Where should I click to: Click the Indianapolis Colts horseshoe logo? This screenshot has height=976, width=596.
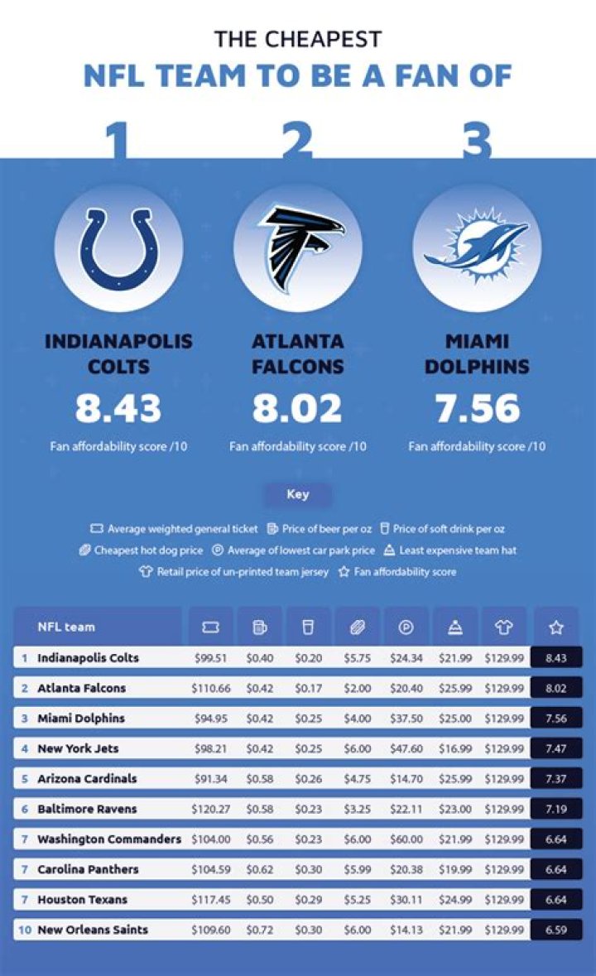(x=118, y=248)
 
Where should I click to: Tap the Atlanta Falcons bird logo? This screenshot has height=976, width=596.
(x=298, y=248)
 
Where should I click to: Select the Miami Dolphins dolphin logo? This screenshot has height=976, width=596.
(x=477, y=248)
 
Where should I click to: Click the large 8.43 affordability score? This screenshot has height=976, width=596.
(x=118, y=408)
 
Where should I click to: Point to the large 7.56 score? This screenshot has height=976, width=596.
(x=477, y=408)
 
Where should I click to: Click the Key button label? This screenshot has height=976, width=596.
(x=298, y=494)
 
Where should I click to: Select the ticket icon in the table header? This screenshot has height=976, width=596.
(x=210, y=627)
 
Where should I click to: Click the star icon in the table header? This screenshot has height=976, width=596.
(x=555, y=627)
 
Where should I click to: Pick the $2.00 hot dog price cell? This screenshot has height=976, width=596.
(x=358, y=688)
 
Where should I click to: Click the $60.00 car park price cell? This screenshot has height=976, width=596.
(x=406, y=839)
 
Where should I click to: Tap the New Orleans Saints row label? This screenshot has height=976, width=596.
(x=93, y=930)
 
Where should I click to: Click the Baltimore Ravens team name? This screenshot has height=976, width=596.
(x=87, y=809)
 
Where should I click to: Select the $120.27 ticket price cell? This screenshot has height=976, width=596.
(x=211, y=809)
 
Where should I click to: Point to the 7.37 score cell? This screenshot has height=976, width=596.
(x=555, y=778)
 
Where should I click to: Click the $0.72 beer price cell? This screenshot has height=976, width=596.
(x=260, y=930)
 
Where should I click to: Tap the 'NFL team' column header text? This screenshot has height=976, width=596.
(x=66, y=627)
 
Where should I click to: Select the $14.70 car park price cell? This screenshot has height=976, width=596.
(x=406, y=778)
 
